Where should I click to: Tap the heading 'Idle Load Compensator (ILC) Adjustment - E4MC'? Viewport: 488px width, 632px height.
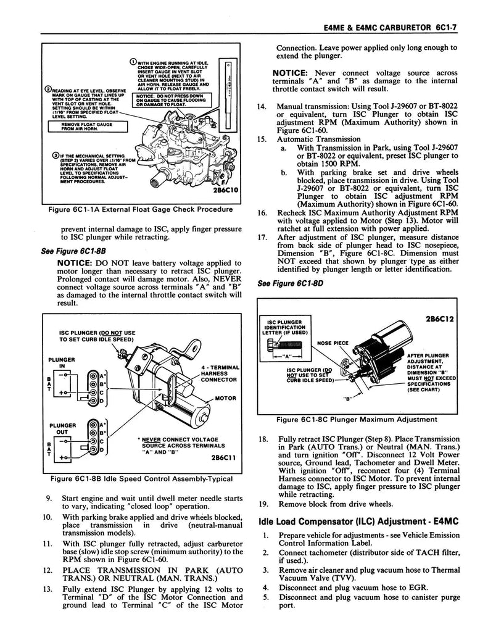358,521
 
